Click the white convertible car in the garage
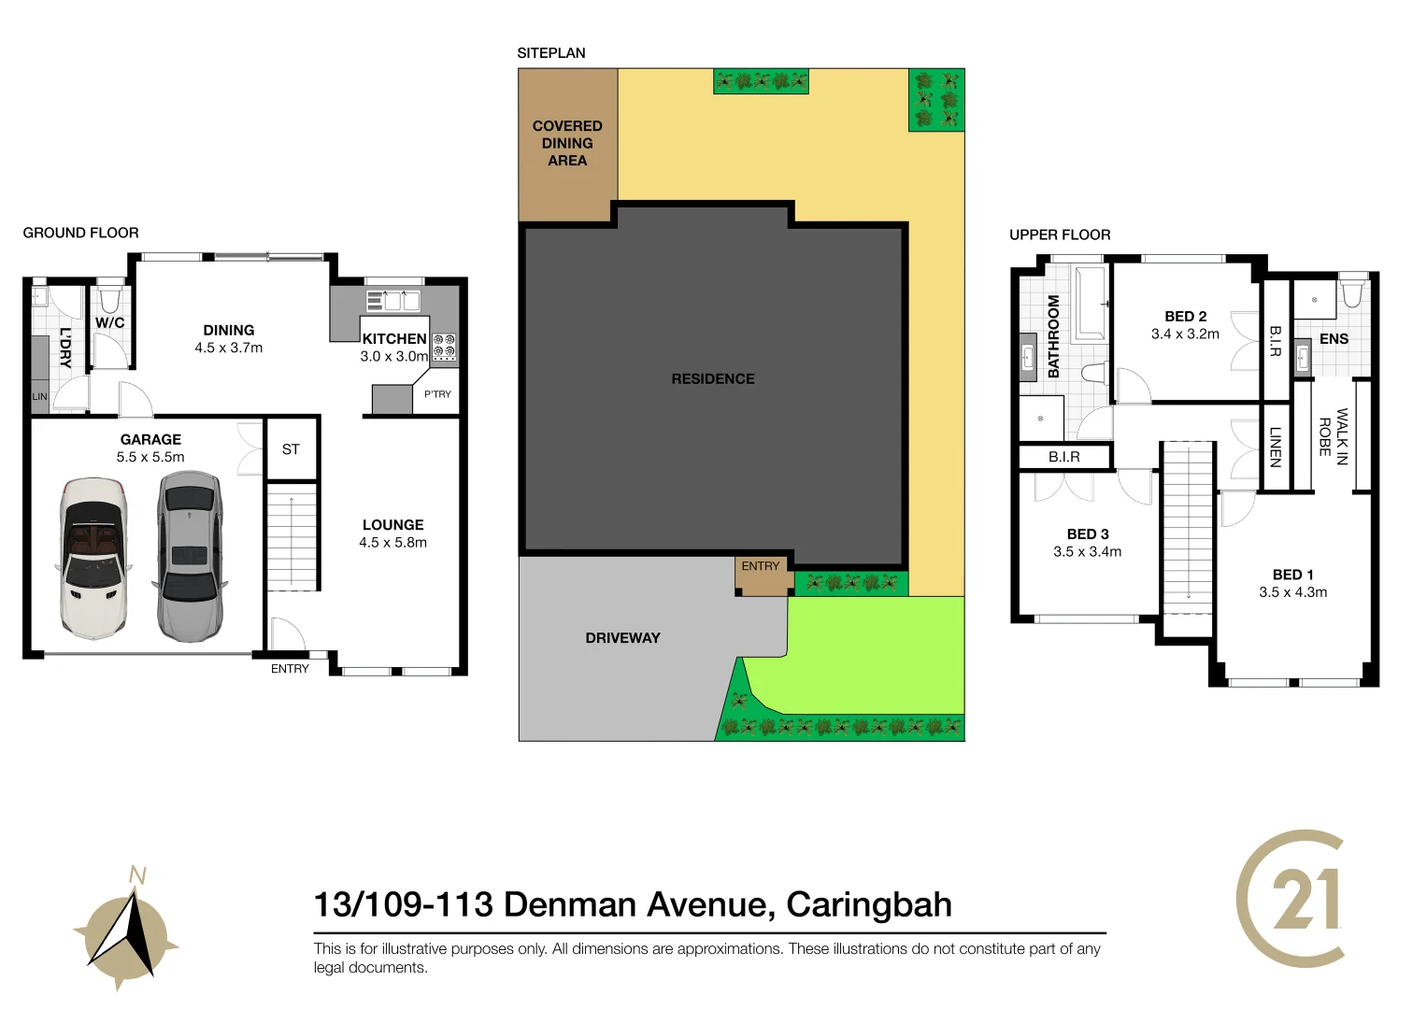tap(93, 559)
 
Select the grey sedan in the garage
tap(191, 557)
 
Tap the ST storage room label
tap(291, 449)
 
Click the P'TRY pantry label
tap(437, 394)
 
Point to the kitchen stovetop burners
tap(444, 347)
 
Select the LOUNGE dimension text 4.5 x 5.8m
tap(392, 543)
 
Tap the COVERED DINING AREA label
tap(567, 143)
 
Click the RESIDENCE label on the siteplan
tap(713, 378)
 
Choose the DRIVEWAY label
tap(622, 638)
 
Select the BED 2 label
tap(1185, 317)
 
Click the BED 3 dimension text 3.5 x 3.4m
tap(1087, 552)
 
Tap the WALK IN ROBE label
tap(1333, 436)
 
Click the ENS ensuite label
tap(1334, 339)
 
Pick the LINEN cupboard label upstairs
tap(1275, 447)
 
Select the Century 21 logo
tap(1292, 899)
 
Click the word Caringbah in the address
tap(868, 904)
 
